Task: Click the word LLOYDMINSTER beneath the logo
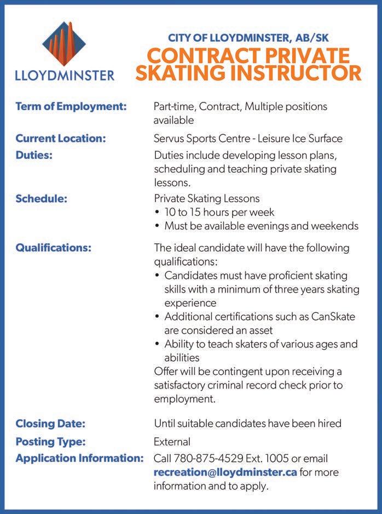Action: click(x=65, y=75)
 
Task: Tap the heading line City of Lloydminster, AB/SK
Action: click(x=248, y=38)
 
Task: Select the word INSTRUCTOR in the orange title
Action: click(x=291, y=73)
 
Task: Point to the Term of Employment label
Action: click(x=71, y=106)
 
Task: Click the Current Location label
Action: click(x=60, y=139)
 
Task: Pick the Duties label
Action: click(x=34, y=155)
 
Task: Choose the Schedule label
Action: click(x=41, y=198)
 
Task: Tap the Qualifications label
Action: click(x=53, y=248)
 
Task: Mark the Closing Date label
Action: click(x=50, y=424)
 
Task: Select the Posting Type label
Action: click(x=50, y=442)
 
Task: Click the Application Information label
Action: click(x=79, y=458)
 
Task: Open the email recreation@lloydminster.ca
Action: click(x=225, y=472)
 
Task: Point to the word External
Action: click(x=172, y=442)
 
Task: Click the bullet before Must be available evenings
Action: click(x=158, y=226)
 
